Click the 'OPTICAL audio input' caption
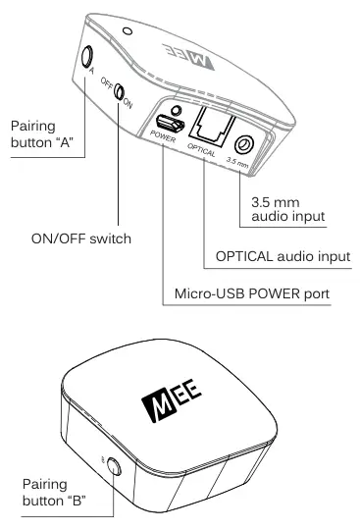coord(283,256)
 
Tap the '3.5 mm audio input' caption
coord(282,207)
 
